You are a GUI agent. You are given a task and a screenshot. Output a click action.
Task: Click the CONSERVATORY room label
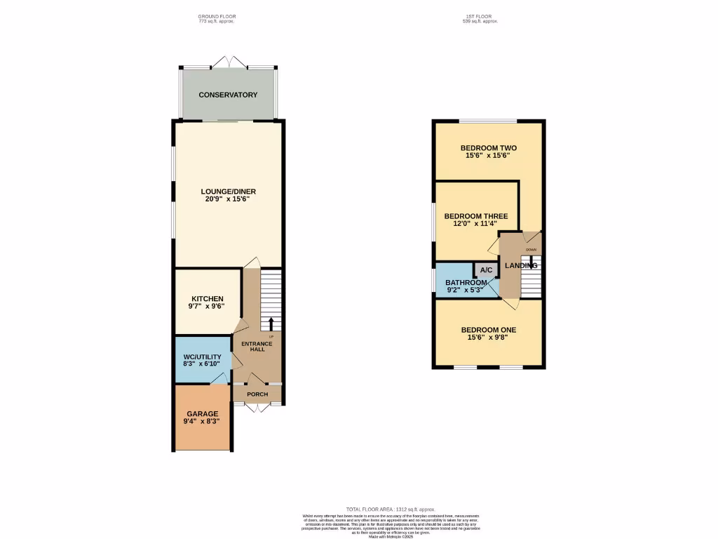tap(228, 95)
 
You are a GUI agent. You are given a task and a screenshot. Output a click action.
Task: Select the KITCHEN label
tap(203, 298)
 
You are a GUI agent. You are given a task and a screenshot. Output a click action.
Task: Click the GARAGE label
tap(202, 413)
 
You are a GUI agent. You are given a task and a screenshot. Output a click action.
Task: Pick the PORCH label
tap(257, 394)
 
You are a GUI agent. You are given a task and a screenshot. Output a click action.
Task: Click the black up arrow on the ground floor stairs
tap(271, 324)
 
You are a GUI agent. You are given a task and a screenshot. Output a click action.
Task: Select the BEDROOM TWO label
tap(489, 148)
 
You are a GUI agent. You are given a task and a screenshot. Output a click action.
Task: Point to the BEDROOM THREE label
tap(476, 216)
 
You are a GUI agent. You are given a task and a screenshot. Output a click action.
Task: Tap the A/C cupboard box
tap(486, 270)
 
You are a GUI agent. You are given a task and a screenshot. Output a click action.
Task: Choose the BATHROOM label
tap(466, 283)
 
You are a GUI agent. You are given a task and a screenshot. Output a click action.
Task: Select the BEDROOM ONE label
tap(489, 329)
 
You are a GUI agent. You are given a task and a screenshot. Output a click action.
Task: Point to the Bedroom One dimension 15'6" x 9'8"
tap(489, 338)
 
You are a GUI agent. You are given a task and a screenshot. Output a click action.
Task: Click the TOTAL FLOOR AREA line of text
tap(391, 509)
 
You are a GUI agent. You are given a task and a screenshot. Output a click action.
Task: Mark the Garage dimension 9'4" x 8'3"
tap(202, 422)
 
